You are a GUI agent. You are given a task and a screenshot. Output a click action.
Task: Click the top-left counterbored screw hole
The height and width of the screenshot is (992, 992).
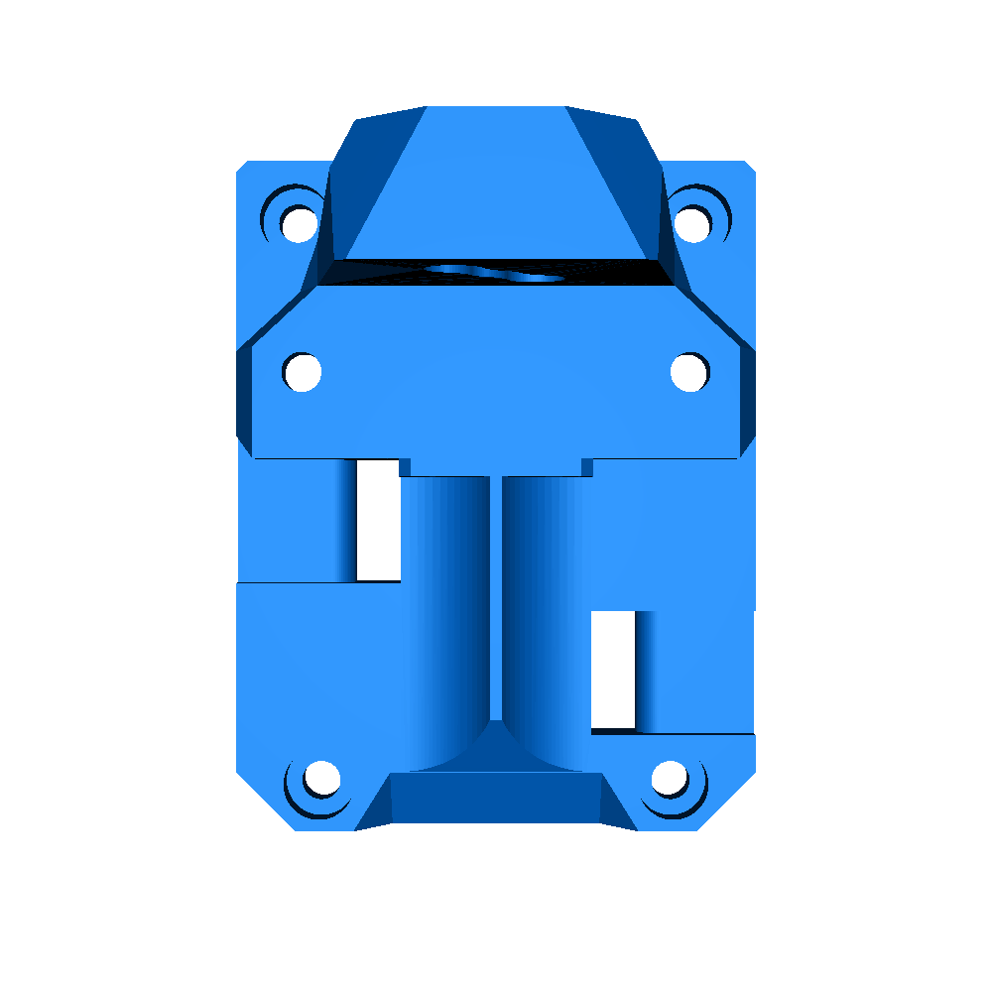click(x=298, y=222)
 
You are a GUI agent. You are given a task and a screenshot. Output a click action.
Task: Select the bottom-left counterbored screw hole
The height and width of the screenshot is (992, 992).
click(x=320, y=779)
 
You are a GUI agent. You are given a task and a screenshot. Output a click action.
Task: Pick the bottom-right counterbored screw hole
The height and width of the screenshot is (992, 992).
click(x=671, y=779)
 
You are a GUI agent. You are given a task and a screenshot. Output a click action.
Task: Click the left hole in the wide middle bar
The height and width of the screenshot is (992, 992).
click(x=302, y=372)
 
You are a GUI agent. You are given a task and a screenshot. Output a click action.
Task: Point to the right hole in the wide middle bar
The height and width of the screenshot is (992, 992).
click(x=689, y=372)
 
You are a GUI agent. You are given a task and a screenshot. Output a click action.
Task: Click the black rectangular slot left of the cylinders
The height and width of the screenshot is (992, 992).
click(x=377, y=521)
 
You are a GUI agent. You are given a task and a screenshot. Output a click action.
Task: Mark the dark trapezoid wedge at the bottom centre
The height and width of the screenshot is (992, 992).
click(x=496, y=799)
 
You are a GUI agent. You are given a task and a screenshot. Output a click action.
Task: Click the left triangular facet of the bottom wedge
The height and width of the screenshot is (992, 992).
click(x=374, y=806)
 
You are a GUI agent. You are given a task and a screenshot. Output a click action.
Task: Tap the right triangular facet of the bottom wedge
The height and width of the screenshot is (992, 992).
click(x=617, y=806)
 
